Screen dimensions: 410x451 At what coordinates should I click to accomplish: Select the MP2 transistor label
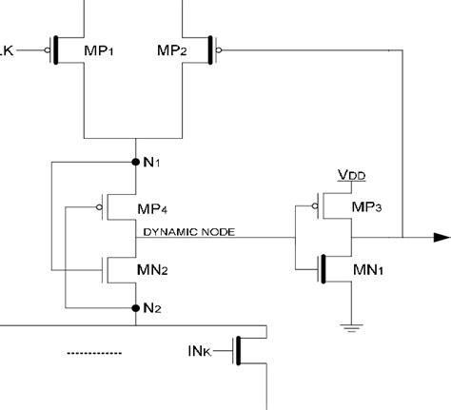(157, 49)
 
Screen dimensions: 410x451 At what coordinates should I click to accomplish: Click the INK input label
(201, 353)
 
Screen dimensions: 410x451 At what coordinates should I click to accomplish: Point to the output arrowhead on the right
(441, 238)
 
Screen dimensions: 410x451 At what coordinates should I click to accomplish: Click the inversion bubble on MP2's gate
(220, 49)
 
